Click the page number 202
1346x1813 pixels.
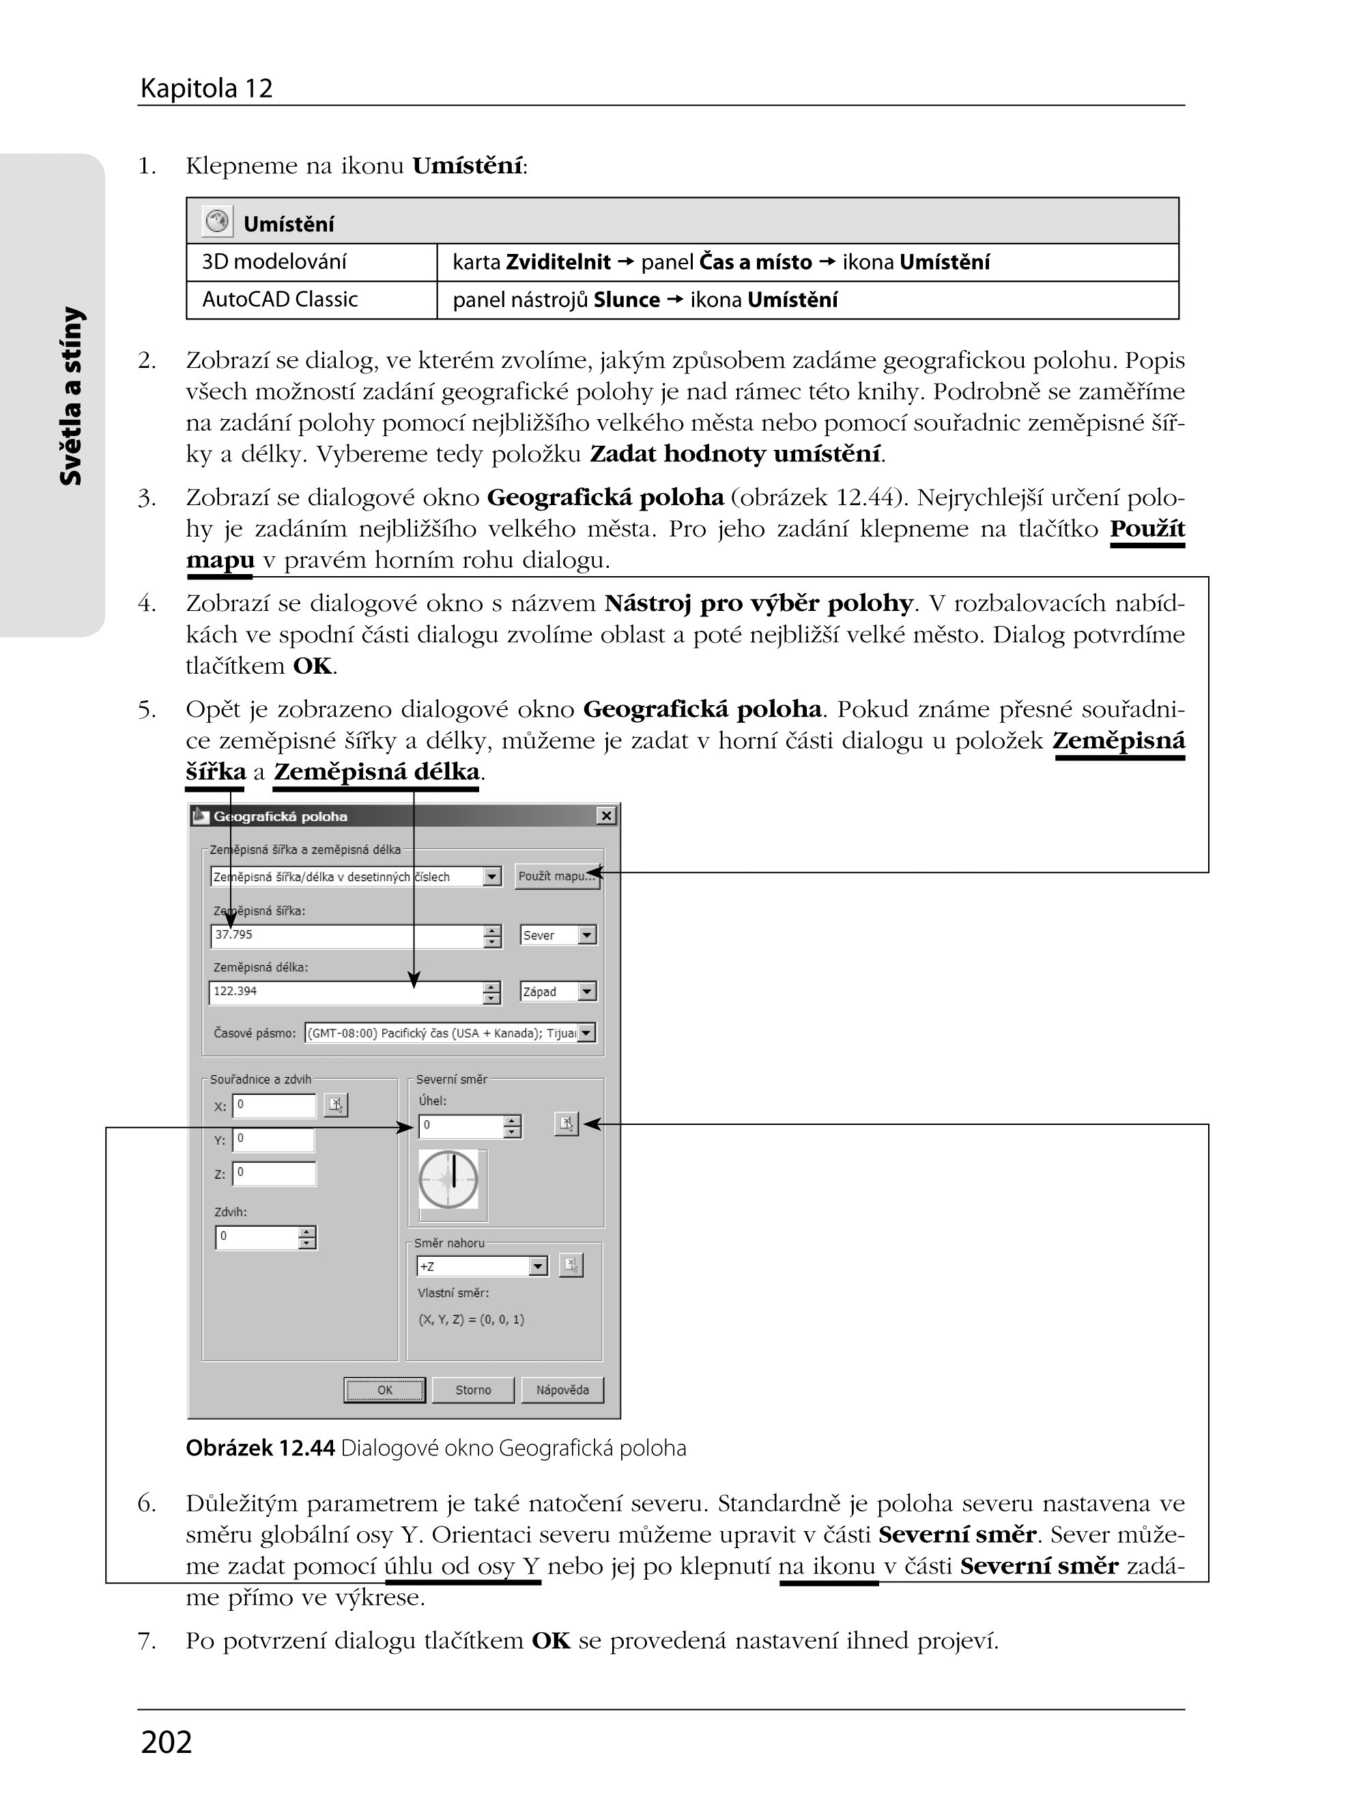[x=167, y=1741]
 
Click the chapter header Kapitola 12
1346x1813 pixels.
[x=206, y=88]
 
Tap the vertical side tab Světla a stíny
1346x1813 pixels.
[x=72, y=396]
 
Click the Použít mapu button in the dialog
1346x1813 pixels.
[x=556, y=876]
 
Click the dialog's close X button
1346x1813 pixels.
[x=606, y=816]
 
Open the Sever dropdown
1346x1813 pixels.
[x=558, y=935]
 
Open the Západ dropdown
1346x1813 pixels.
[x=558, y=992]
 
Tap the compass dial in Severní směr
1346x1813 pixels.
[x=449, y=1180]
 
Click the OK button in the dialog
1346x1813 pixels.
[x=384, y=1390]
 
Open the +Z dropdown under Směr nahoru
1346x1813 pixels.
[x=481, y=1266]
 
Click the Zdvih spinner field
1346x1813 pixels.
[x=257, y=1237]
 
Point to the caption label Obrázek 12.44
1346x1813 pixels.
[x=260, y=1448]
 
